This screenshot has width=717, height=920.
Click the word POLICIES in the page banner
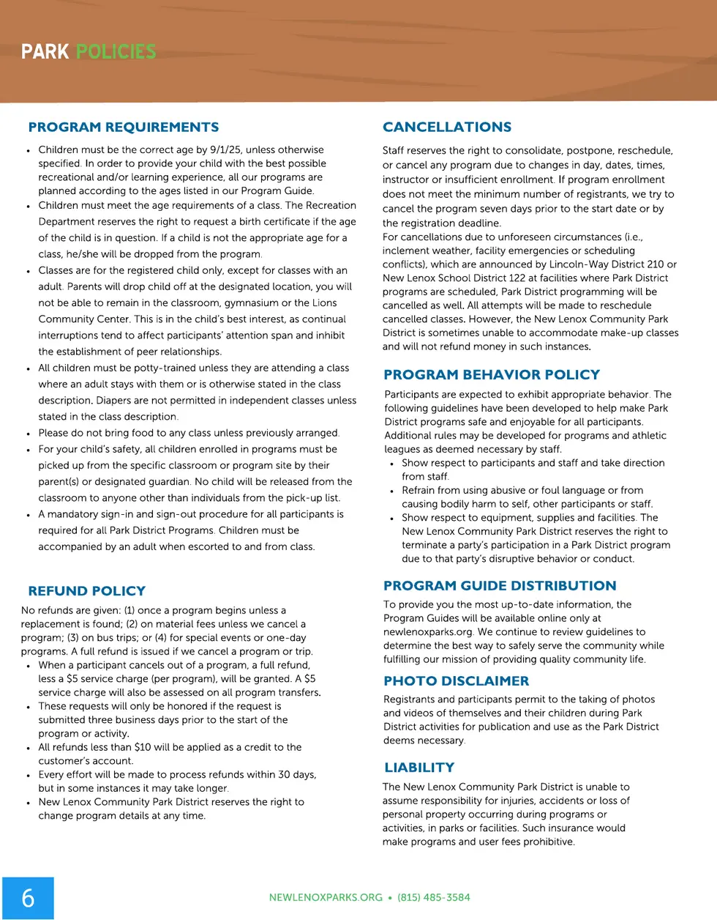tap(116, 52)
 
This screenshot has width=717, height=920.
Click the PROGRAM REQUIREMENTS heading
tap(123, 127)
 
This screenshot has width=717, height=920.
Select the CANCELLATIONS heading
tap(446, 127)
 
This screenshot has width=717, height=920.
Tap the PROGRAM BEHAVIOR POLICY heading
tap(491, 375)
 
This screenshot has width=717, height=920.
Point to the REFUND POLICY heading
tap(86, 591)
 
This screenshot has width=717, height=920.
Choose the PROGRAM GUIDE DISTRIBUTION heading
tap(500, 586)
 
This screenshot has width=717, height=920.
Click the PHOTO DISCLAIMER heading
tap(456, 681)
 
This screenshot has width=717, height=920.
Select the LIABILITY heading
tap(419, 768)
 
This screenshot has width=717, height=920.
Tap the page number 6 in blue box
tap(28, 898)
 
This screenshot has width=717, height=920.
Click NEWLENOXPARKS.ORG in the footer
tap(326, 898)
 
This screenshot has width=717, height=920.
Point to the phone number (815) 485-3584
tap(434, 898)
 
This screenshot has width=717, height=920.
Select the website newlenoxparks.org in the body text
tap(428, 632)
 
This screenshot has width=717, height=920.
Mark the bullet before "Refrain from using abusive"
tap(392, 491)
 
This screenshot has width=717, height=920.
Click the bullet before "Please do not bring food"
tap(29, 434)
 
